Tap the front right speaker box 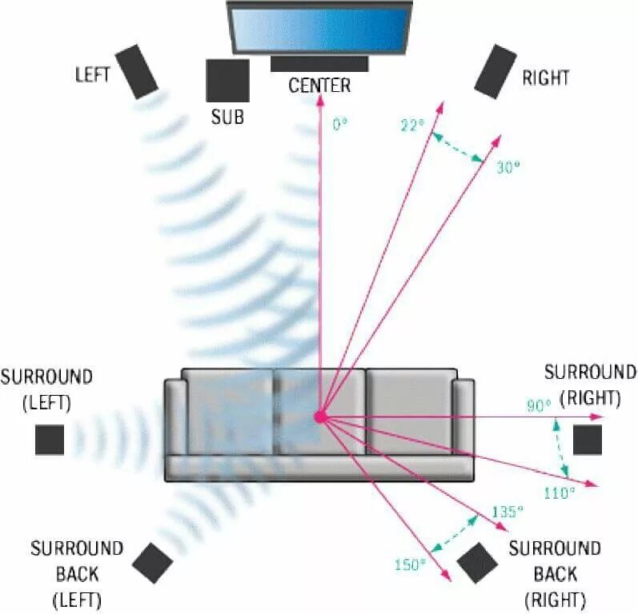pos(495,71)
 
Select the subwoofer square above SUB pos(227,80)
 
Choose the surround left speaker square pos(50,440)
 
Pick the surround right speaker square pos(587,440)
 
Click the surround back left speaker pos(152,563)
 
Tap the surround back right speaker pos(478,563)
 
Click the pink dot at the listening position pos(320,417)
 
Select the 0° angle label pos(340,126)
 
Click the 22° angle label pos(411,125)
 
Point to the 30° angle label pos(508,167)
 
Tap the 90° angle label pos(539,405)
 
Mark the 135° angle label pos(508,511)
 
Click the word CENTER pos(319,85)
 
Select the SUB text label pos(227,118)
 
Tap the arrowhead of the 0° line pos(319,102)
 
